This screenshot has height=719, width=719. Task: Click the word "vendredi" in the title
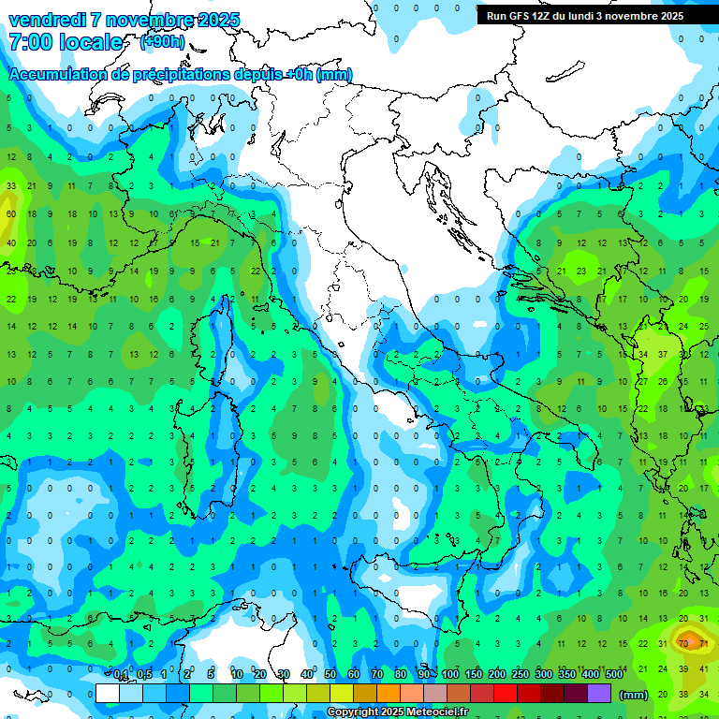pos(46,21)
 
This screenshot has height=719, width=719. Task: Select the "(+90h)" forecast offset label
pos(162,41)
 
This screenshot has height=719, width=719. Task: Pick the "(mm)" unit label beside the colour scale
pos(634,695)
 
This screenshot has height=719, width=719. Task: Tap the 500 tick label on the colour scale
pos(613,675)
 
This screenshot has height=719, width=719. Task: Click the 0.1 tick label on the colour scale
pos(121,675)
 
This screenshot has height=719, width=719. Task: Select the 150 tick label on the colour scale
pos(474,675)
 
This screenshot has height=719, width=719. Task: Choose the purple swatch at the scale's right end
pos(600,694)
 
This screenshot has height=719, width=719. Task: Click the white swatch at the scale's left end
pos(108,694)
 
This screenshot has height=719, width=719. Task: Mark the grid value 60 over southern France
pos(11,214)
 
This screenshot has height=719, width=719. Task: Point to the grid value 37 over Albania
pos(663,354)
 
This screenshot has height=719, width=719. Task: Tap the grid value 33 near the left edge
pos(11,186)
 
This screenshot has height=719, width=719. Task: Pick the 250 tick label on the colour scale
pos(521,675)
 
